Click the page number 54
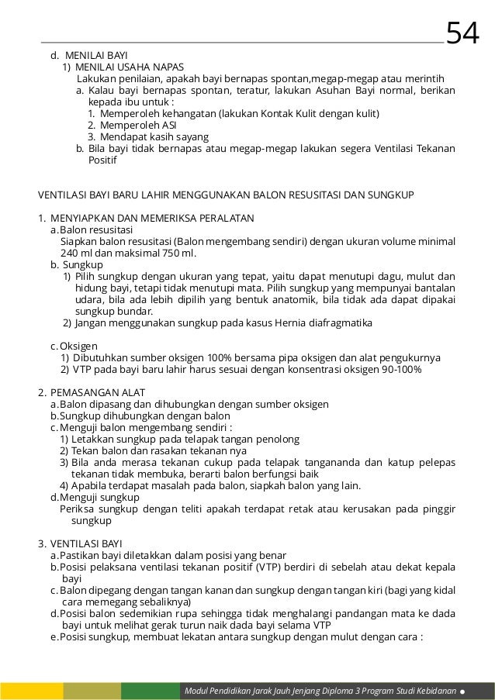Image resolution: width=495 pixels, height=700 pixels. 463,32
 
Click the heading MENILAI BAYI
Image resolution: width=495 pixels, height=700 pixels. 91,56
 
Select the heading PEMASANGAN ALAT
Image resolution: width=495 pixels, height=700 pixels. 103,392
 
